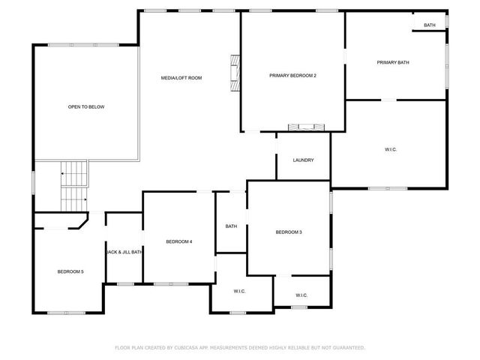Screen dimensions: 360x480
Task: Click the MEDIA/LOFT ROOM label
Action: [x=181, y=78]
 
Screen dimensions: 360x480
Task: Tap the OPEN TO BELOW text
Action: [x=86, y=107]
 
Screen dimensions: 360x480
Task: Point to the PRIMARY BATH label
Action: [x=392, y=62]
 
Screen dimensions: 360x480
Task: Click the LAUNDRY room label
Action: [x=303, y=160]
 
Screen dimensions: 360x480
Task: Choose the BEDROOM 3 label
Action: [x=289, y=232]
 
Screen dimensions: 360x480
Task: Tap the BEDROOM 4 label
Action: [x=179, y=241]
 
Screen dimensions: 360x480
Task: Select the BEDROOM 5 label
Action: [x=70, y=271]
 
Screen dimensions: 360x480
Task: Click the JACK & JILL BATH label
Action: [x=124, y=252]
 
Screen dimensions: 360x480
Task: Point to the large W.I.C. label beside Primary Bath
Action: [x=391, y=150]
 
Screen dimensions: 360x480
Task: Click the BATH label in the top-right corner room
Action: [x=430, y=25]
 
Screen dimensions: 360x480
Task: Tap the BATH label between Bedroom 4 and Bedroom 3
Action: [x=231, y=226]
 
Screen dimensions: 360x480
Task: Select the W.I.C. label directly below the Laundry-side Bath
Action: [x=239, y=291]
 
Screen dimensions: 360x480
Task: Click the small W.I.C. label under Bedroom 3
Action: [x=301, y=295]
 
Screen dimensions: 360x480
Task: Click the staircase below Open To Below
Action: [x=73, y=187]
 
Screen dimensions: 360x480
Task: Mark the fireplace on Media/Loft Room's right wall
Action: [x=235, y=73]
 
